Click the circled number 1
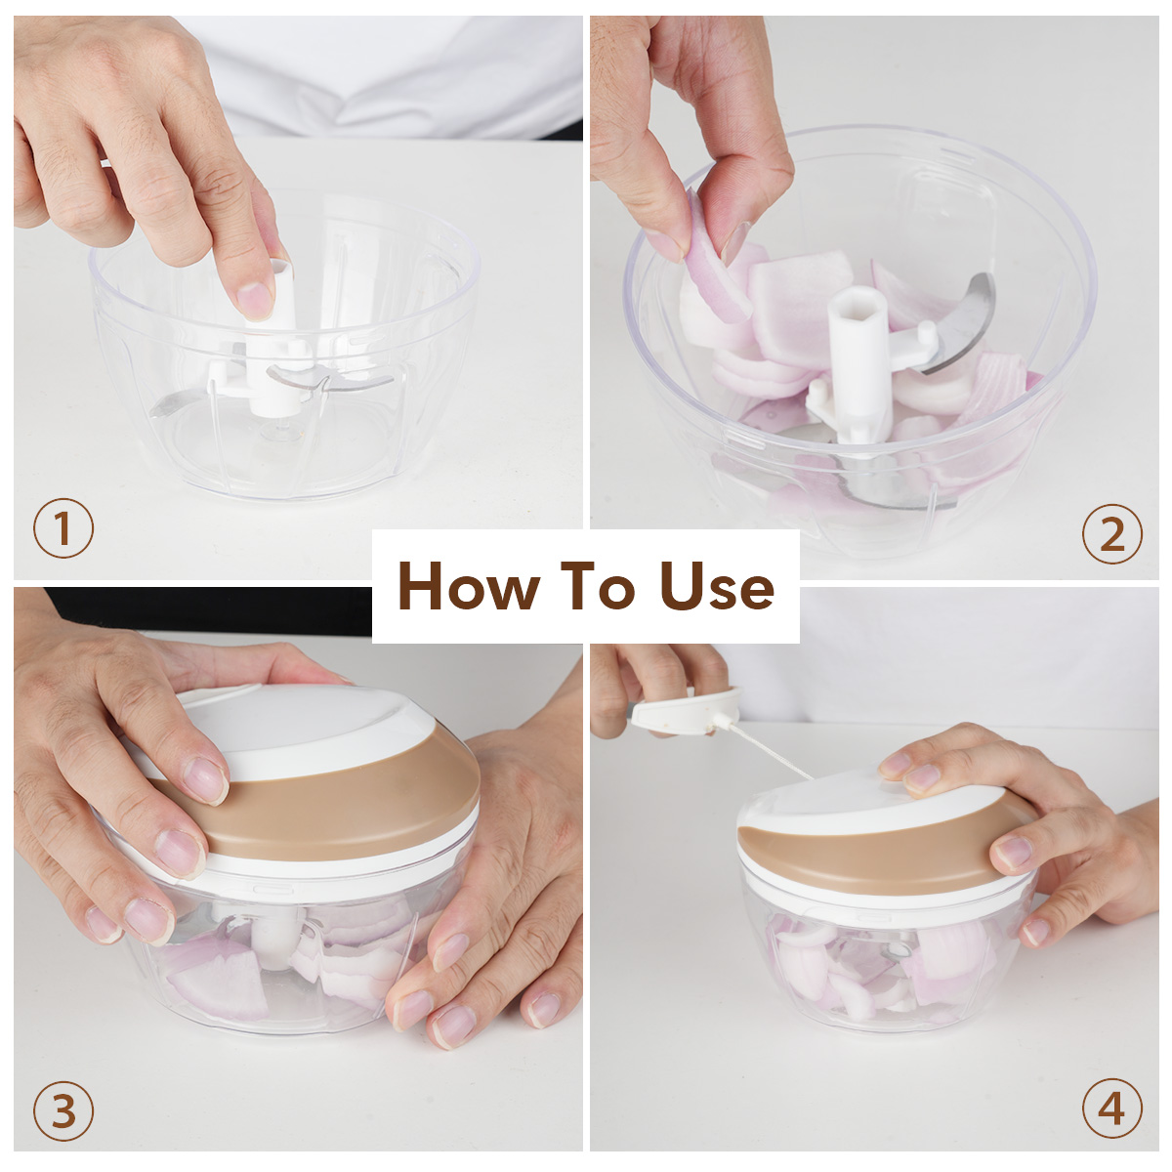pos(63,528)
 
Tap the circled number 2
pos(1111,534)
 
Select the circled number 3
pos(63,1110)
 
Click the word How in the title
pos(469,585)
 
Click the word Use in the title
pos(718,585)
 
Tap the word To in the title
pos(599,585)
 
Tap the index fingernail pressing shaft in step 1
pos(255,301)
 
